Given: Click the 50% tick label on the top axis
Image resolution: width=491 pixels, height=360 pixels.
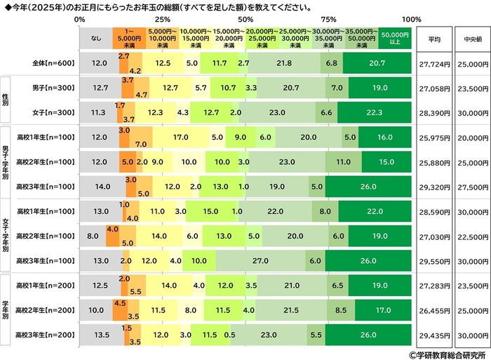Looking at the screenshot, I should pyautogui.click(x=245, y=20).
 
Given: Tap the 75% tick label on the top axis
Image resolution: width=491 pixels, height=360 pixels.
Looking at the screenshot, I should pyautogui.click(x=328, y=20).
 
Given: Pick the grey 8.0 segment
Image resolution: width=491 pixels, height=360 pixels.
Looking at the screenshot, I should pyautogui.click(x=92, y=236).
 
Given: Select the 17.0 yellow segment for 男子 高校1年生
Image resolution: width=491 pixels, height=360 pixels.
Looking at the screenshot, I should pyautogui.click(x=180, y=138).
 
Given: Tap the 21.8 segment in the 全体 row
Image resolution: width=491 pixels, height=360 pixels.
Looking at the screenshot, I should pyautogui.click(x=284, y=63).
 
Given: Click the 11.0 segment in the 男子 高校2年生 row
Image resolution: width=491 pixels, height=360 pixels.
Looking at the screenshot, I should pyautogui.click(x=343, y=163).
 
